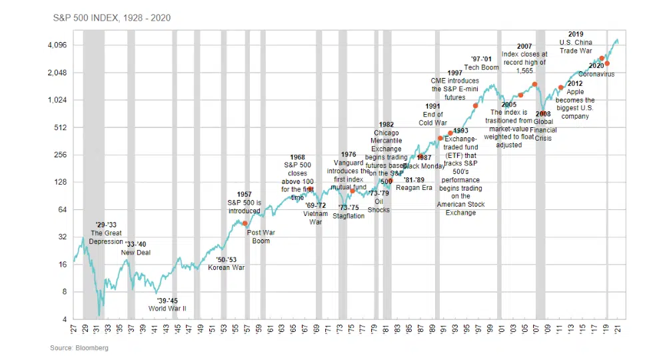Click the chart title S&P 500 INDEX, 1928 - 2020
112,18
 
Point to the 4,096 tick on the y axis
57,45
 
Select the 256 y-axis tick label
61,155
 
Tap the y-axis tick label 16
63,265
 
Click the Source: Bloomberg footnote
79,348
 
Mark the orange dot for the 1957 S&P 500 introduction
245,223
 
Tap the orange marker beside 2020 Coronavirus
607,64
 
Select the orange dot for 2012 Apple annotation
561,87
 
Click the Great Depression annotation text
107,233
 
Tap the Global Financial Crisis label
543,122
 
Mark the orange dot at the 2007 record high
534,85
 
